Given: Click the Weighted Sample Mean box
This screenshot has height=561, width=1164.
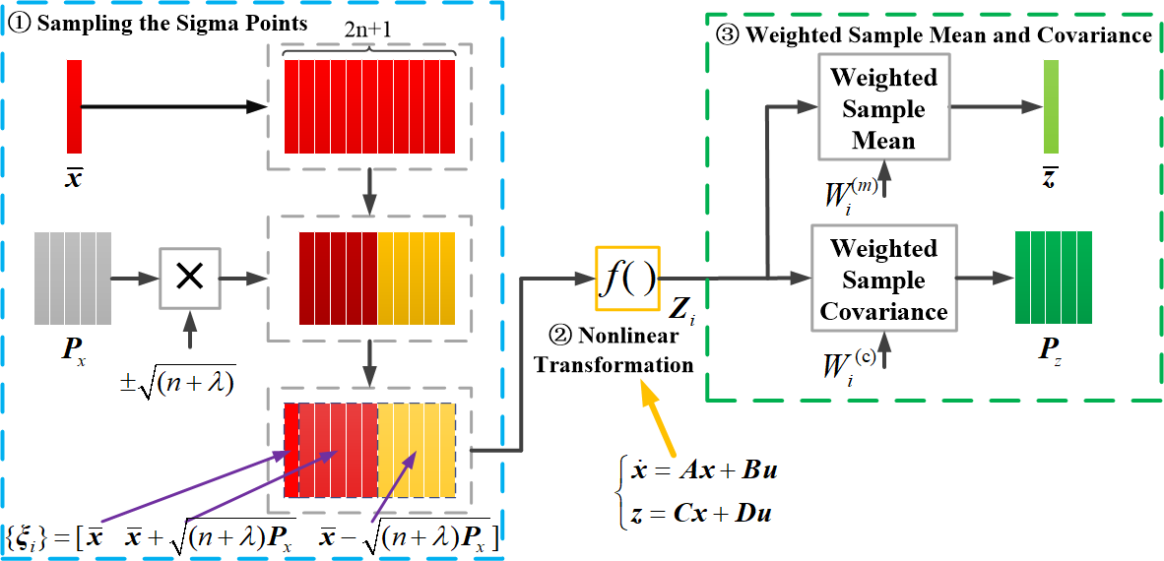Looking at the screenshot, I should [x=883, y=108].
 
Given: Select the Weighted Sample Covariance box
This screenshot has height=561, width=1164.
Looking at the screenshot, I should [x=883, y=280].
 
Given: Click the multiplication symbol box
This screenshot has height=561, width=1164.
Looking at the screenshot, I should [x=189, y=279].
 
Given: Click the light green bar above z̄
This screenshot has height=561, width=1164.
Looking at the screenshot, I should [x=1051, y=105].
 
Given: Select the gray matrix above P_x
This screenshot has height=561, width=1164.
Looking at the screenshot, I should [x=72, y=279].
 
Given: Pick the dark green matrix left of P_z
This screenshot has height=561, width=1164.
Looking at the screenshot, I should [x=1054, y=279].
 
